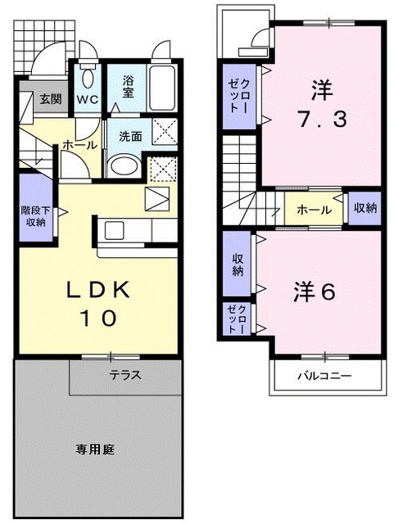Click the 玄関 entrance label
click(x=50, y=100)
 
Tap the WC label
click(x=88, y=100)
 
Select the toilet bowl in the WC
click(x=88, y=79)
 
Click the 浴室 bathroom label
click(x=129, y=87)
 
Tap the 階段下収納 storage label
click(x=34, y=215)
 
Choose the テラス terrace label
click(x=126, y=376)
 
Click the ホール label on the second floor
click(x=314, y=210)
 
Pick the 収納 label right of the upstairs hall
click(x=365, y=207)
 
